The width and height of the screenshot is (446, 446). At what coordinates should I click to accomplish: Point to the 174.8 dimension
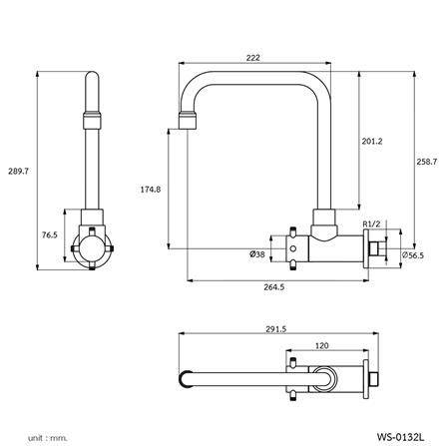(153, 188)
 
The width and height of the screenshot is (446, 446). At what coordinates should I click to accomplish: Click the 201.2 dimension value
(371, 141)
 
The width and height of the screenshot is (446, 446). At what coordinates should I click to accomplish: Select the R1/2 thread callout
(371, 223)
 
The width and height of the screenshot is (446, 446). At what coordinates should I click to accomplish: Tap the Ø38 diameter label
(257, 253)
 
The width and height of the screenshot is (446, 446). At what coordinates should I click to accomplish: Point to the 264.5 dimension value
(275, 287)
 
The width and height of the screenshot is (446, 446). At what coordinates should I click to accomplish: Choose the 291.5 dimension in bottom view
(276, 330)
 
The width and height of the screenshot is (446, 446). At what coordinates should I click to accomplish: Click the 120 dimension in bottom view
(321, 345)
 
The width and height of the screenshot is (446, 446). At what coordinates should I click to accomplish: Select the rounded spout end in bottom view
(186, 379)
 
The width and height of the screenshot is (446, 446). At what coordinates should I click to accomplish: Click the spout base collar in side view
(324, 219)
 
